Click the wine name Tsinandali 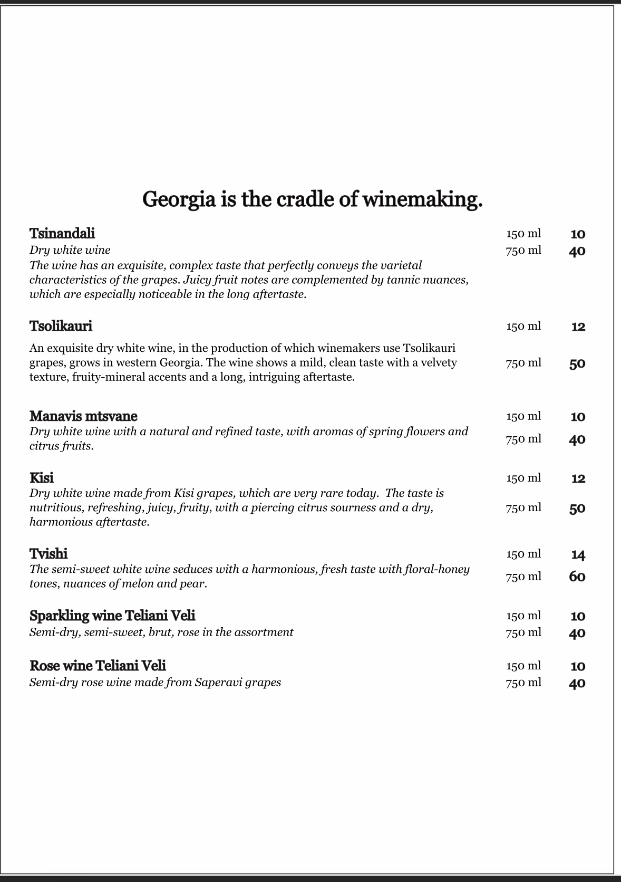click(x=62, y=233)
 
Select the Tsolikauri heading click(x=61, y=326)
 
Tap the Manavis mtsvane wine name click(x=83, y=416)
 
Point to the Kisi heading click(x=41, y=478)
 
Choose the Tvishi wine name click(x=48, y=554)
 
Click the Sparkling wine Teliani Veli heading click(x=112, y=616)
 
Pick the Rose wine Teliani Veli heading click(x=98, y=666)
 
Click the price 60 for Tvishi click(x=577, y=577)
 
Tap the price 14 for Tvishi click(x=578, y=554)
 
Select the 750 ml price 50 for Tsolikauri click(x=577, y=363)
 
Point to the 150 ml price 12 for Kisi click(x=578, y=478)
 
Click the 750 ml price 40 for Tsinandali click(x=577, y=251)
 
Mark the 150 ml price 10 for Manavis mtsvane click(x=578, y=417)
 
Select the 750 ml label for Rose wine click(x=523, y=683)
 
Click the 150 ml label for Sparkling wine click(x=523, y=616)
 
